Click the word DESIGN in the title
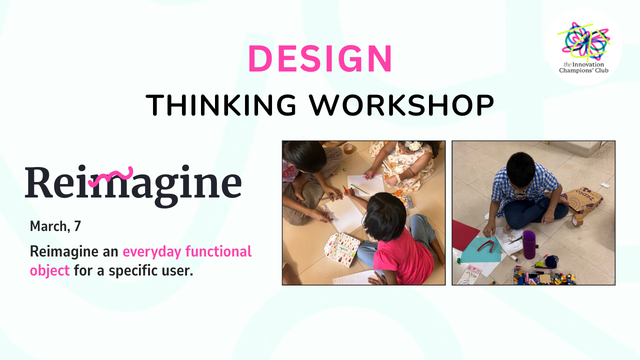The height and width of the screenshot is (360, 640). click(x=320, y=58)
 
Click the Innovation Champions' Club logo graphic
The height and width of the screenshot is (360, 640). click(x=583, y=40)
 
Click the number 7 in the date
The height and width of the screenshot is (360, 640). click(x=77, y=226)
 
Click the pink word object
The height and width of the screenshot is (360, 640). click(x=49, y=270)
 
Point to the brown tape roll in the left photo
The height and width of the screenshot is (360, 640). click(x=348, y=148)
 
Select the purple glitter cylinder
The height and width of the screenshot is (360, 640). click(x=529, y=244)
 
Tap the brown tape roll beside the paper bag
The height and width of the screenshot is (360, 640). click(x=577, y=220)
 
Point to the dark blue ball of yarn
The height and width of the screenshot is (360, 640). click(x=551, y=261)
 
